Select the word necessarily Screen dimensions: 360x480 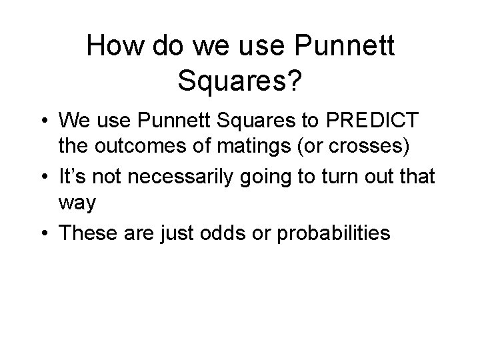coord(183,176)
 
